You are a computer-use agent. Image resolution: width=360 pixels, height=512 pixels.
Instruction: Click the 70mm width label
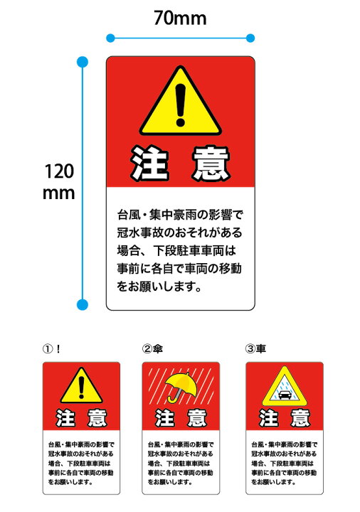pyautogui.click(x=180, y=18)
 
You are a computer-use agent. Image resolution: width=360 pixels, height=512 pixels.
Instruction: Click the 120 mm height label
pyautogui.click(x=59, y=182)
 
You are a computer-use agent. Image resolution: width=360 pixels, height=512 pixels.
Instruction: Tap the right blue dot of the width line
pyautogui.click(x=250, y=38)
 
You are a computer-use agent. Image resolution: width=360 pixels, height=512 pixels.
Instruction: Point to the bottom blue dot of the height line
pyautogui.click(x=82, y=305)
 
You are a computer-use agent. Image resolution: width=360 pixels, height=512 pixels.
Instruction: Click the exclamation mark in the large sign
pyautogui.click(x=181, y=104)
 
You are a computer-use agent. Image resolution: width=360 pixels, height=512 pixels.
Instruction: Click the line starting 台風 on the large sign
pyautogui.click(x=180, y=213)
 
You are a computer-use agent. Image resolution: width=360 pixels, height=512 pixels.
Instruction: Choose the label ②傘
pyautogui.click(x=155, y=349)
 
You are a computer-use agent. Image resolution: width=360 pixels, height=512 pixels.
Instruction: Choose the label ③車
pyautogui.click(x=256, y=349)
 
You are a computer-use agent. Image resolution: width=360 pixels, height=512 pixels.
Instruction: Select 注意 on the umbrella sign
pyautogui.click(x=181, y=417)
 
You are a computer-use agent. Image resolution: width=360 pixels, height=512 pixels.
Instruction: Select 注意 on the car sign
pyautogui.click(x=284, y=417)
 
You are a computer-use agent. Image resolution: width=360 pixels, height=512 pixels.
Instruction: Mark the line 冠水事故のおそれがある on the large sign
pyautogui.click(x=180, y=232)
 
